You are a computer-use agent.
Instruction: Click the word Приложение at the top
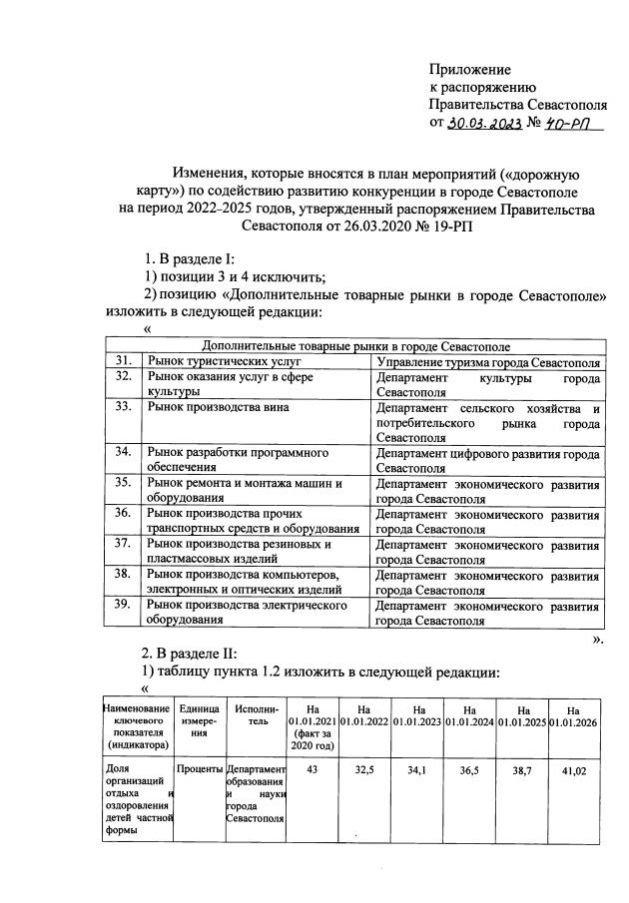(x=469, y=70)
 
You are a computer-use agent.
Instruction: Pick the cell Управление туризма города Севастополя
(x=486, y=360)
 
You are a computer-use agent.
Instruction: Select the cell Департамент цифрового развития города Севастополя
(x=486, y=459)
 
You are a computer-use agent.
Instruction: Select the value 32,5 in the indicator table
(x=365, y=771)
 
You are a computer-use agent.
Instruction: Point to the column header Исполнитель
(x=257, y=714)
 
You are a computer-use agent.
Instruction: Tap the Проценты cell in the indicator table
(x=200, y=771)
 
